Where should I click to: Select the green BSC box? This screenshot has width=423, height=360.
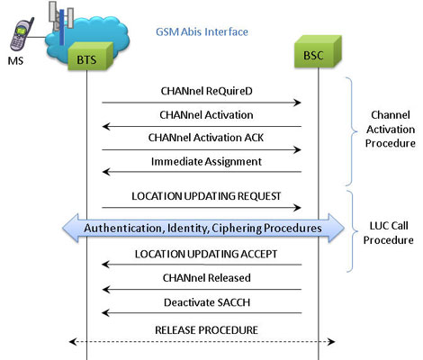(318, 51)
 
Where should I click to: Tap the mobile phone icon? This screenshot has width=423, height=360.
(22, 34)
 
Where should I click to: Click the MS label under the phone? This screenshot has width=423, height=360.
(15, 61)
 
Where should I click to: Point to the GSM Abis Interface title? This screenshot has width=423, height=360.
(202, 31)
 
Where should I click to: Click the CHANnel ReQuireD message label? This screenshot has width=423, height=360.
(206, 91)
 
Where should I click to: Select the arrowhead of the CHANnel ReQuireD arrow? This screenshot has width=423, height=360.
(297, 103)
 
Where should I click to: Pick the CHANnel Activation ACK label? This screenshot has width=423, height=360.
(206, 138)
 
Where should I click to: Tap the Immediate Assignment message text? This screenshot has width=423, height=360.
(206, 162)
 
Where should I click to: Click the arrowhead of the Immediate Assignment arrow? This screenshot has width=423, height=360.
(106, 172)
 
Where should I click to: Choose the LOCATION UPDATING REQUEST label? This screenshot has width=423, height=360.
(206, 196)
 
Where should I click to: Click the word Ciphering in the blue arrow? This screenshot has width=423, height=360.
(237, 229)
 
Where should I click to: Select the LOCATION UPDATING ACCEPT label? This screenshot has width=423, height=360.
(206, 254)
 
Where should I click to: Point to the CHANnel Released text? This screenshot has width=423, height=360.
(206, 278)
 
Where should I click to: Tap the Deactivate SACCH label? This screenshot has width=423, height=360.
(207, 302)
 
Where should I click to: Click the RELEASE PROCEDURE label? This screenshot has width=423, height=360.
(206, 330)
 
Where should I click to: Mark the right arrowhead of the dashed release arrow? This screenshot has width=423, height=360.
(331, 342)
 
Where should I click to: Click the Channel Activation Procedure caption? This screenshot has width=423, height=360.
(391, 130)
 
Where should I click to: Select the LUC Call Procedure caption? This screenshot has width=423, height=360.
(389, 233)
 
